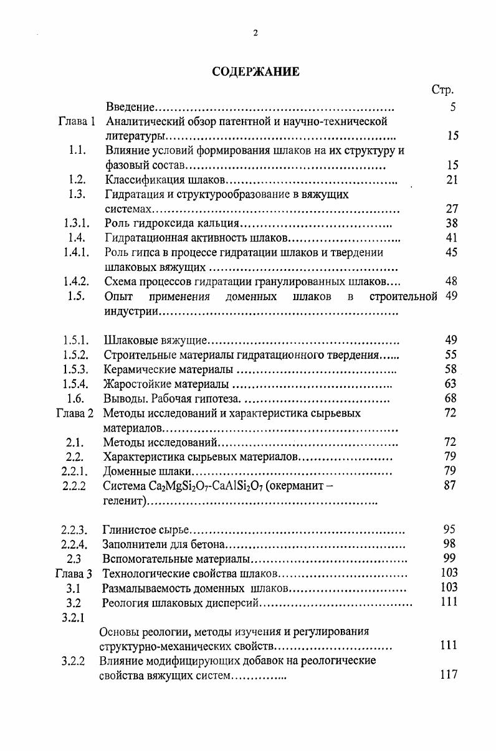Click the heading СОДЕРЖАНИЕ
click(255, 72)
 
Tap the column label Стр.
click(442, 90)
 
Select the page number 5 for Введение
click(453, 107)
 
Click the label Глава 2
click(74, 413)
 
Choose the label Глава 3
click(74, 573)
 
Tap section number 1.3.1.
click(76, 223)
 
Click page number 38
click(452, 223)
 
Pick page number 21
click(452, 180)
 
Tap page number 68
click(452, 399)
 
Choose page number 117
click(449, 674)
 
